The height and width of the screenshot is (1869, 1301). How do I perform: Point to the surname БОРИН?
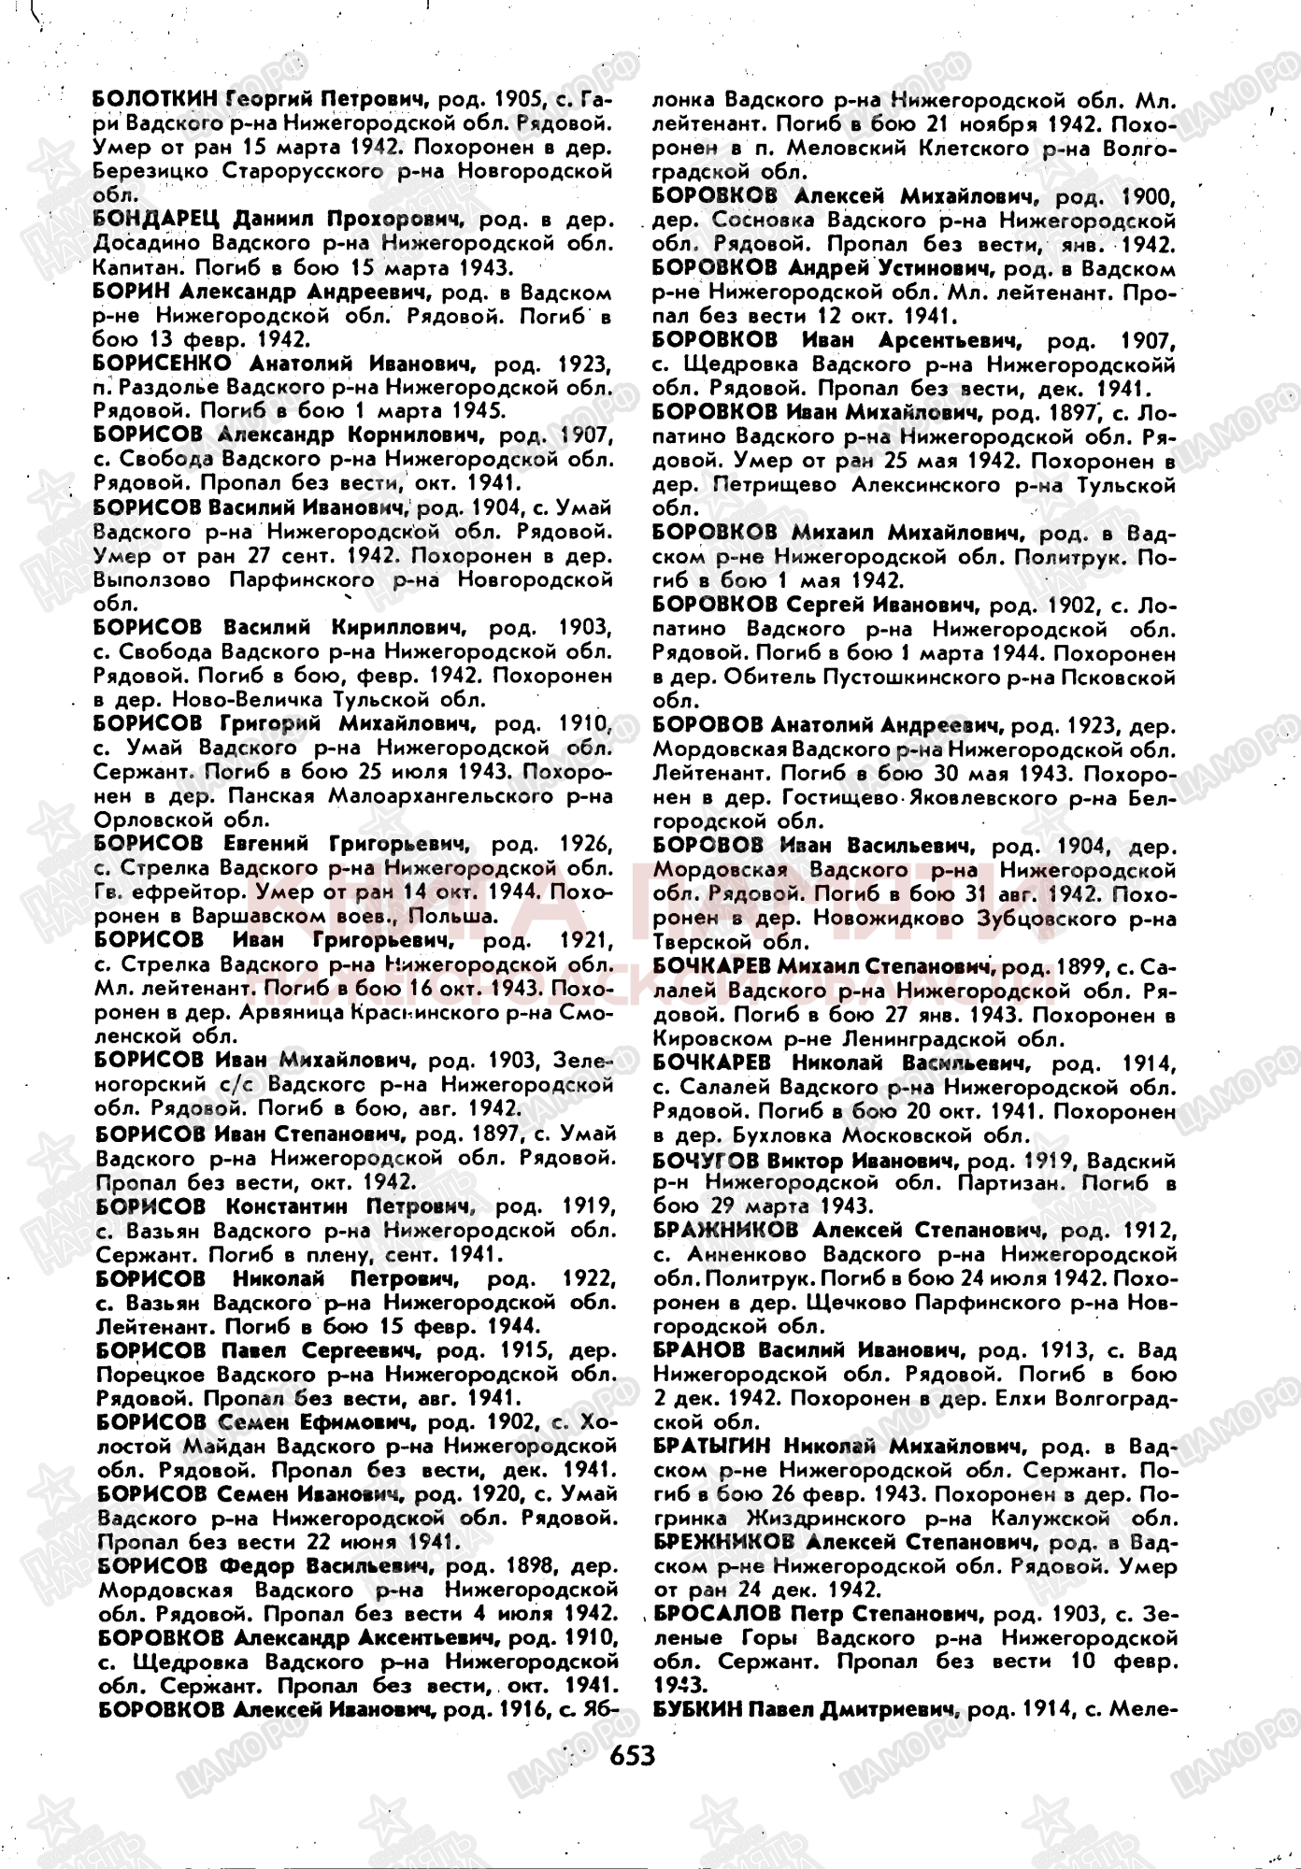(x=132, y=292)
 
